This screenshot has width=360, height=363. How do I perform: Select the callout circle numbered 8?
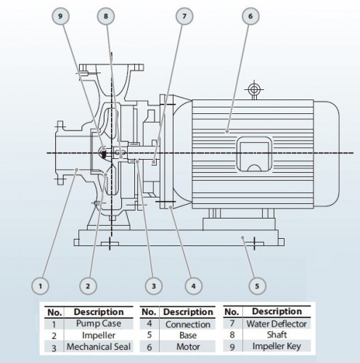(107, 15)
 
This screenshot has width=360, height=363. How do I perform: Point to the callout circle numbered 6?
(250, 15)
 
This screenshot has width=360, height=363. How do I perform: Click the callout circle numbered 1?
(42, 285)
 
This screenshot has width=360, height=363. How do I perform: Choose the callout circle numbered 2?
(88, 285)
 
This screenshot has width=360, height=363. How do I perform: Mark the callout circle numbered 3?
(153, 285)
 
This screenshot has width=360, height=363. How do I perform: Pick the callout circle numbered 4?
(192, 285)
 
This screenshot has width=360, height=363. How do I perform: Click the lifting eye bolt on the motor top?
(253, 90)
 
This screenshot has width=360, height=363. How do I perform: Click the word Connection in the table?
(187, 324)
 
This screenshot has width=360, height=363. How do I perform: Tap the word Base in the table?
(187, 336)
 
